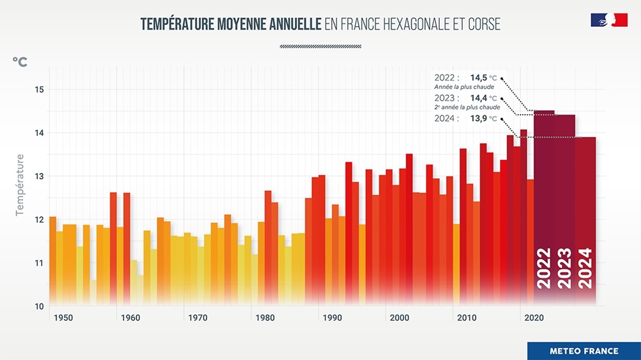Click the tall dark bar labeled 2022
[x=544, y=205]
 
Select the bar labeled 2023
[x=565, y=205]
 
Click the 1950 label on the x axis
[x=63, y=318]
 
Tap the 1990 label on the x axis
[x=331, y=318]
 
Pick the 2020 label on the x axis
[x=533, y=318]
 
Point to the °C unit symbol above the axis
[x=20, y=61]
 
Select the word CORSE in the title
[x=483, y=24]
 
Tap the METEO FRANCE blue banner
[x=583, y=351]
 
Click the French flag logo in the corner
[x=608, y=20]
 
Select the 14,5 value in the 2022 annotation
[x=478, y=78]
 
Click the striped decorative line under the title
[x=320, y=46]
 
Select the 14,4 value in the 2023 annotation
[x=478, y=98]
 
